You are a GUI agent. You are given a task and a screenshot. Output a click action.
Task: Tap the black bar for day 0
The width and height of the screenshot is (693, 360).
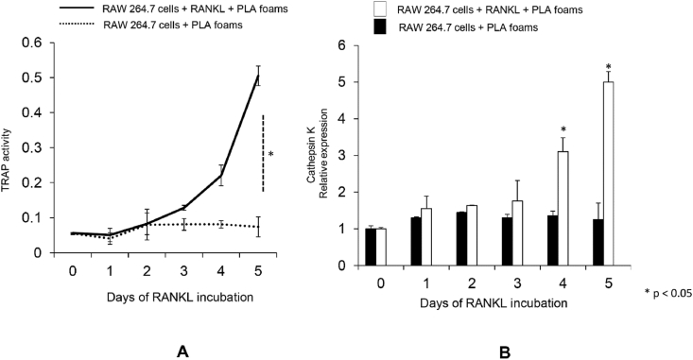pos(371,247)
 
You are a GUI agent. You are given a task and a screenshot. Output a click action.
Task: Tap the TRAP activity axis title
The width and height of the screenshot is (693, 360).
pos(10,149)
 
